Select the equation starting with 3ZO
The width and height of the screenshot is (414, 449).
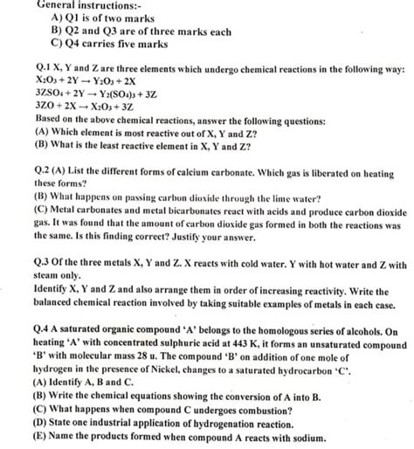(x=84, y=116)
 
